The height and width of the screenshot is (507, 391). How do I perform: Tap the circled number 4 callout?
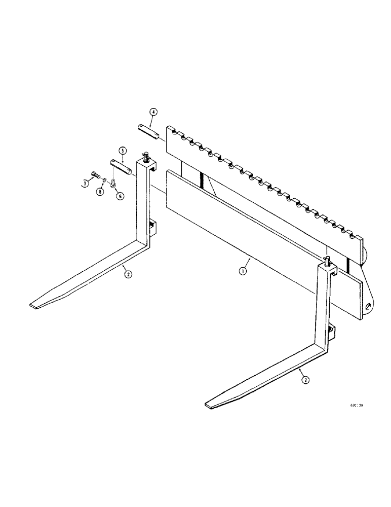tap(154, 112)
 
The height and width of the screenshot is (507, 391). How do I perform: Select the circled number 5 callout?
tap(122, 151)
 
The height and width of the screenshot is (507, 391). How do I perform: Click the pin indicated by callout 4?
tap(150, 131)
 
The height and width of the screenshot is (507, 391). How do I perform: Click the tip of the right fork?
tap(210, 404)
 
